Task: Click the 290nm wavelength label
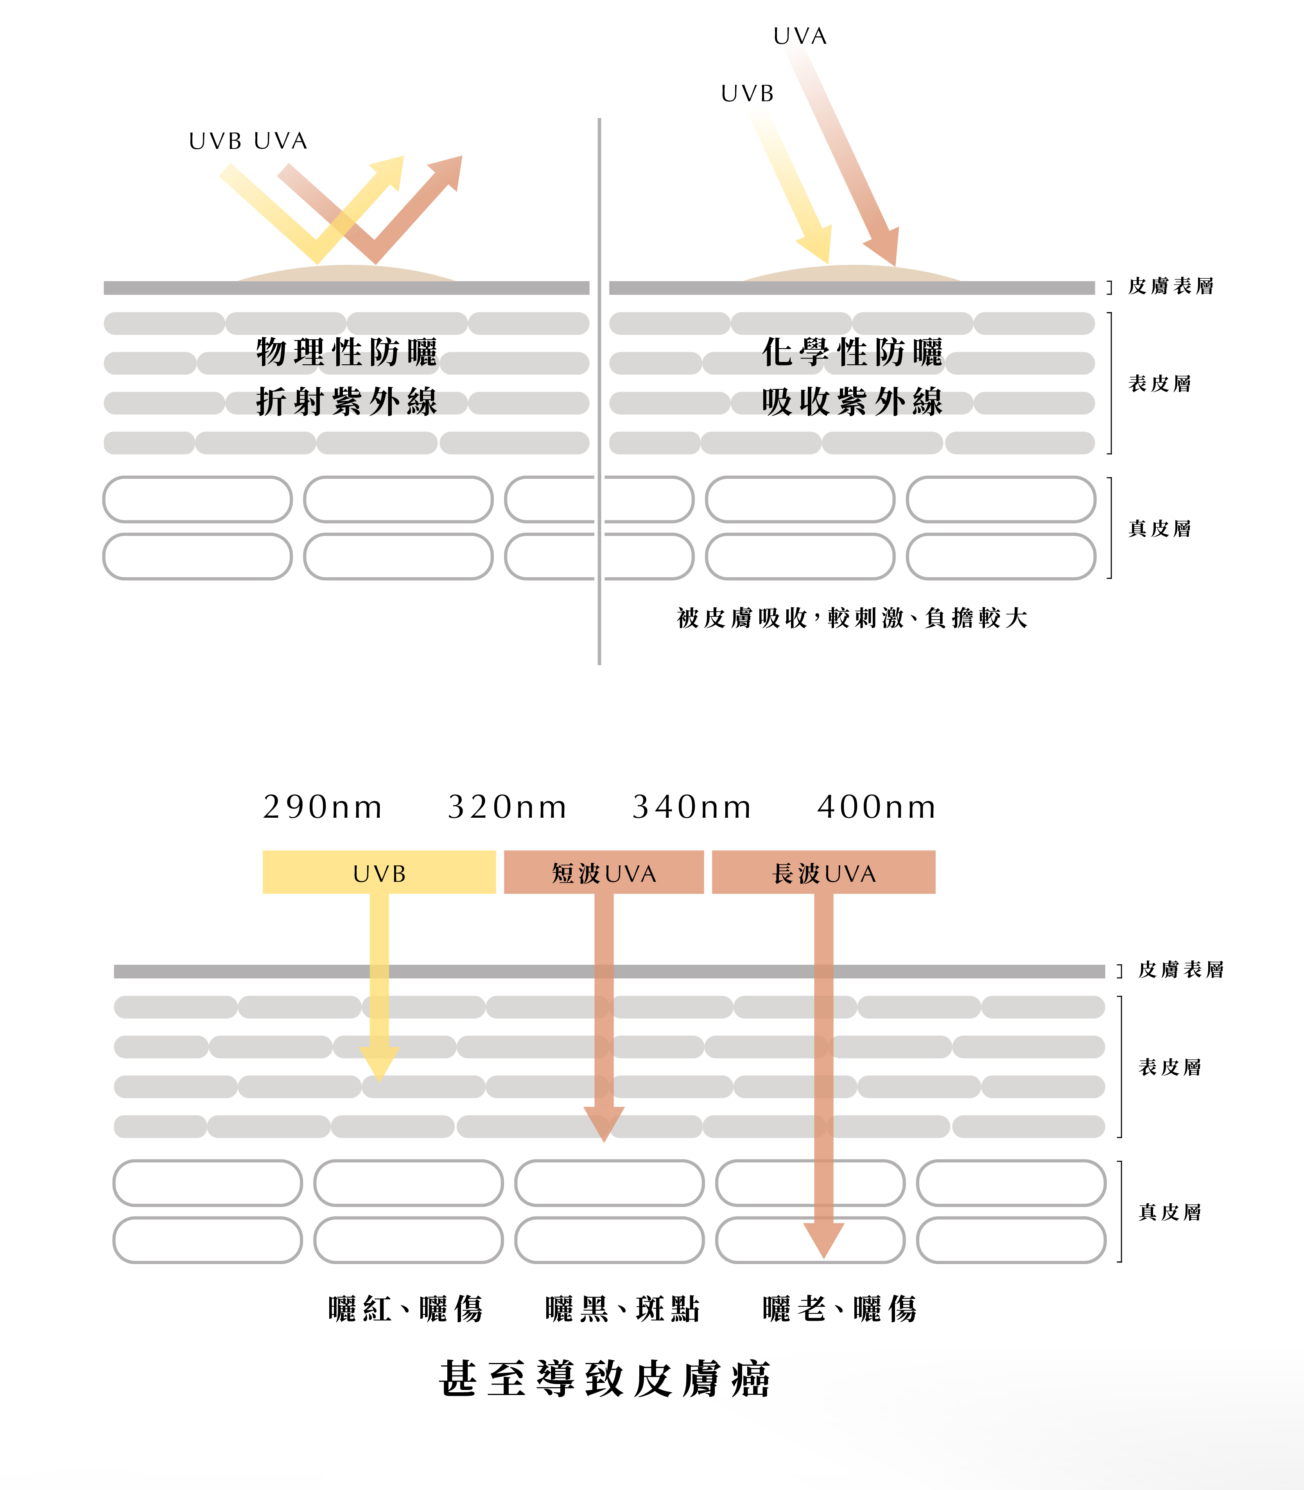322,807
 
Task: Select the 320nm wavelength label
507,807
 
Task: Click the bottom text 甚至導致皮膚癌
605,1379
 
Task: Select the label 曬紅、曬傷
405,1309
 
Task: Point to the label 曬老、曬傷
840,1309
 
